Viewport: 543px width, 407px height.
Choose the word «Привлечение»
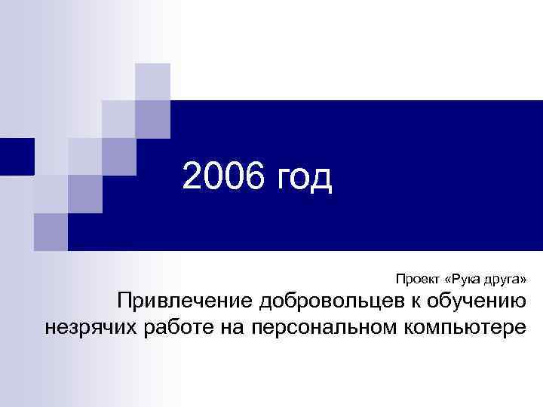(185, 303)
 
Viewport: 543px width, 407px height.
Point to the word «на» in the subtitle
(240, 330)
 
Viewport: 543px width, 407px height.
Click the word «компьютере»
(458, 330)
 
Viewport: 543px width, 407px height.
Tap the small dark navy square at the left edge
(17, 157)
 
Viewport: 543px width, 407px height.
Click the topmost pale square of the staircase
(153, 81)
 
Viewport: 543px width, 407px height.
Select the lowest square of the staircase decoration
(51, 231)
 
